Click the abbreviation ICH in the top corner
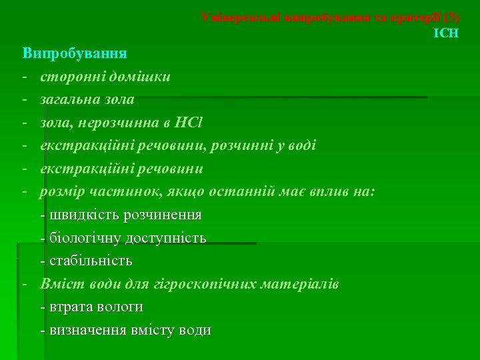click(x=446, y=32)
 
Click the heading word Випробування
click(x=75, y=52)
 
